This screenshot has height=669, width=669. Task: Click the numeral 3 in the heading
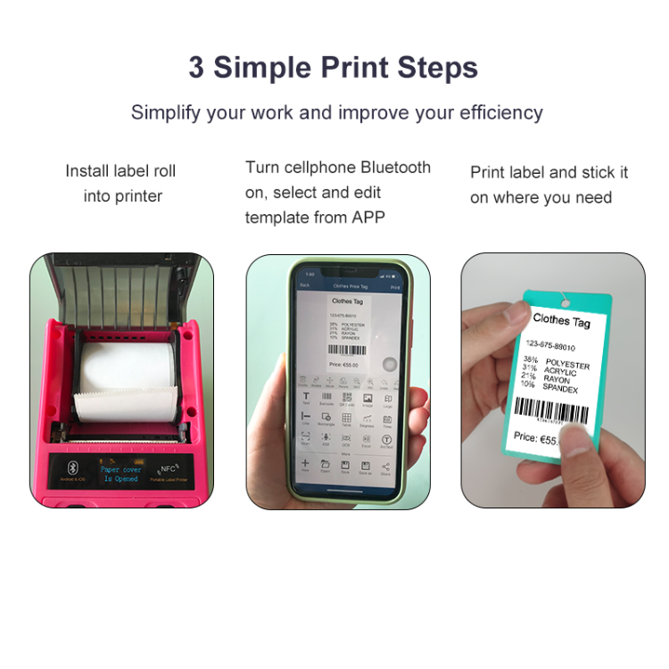pos(196,68)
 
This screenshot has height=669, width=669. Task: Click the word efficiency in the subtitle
pos(501,113)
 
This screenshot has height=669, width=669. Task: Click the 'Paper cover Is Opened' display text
pos(120,474)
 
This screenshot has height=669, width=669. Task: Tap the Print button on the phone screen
pos(396,287)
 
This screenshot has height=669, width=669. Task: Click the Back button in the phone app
pos(304,285)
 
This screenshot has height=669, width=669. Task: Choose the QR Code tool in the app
pos(346,399)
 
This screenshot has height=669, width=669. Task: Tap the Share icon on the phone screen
pos(386,467)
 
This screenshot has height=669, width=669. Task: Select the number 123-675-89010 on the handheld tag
pos(551,345)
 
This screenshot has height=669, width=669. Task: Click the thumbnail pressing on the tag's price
pos(579,438)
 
